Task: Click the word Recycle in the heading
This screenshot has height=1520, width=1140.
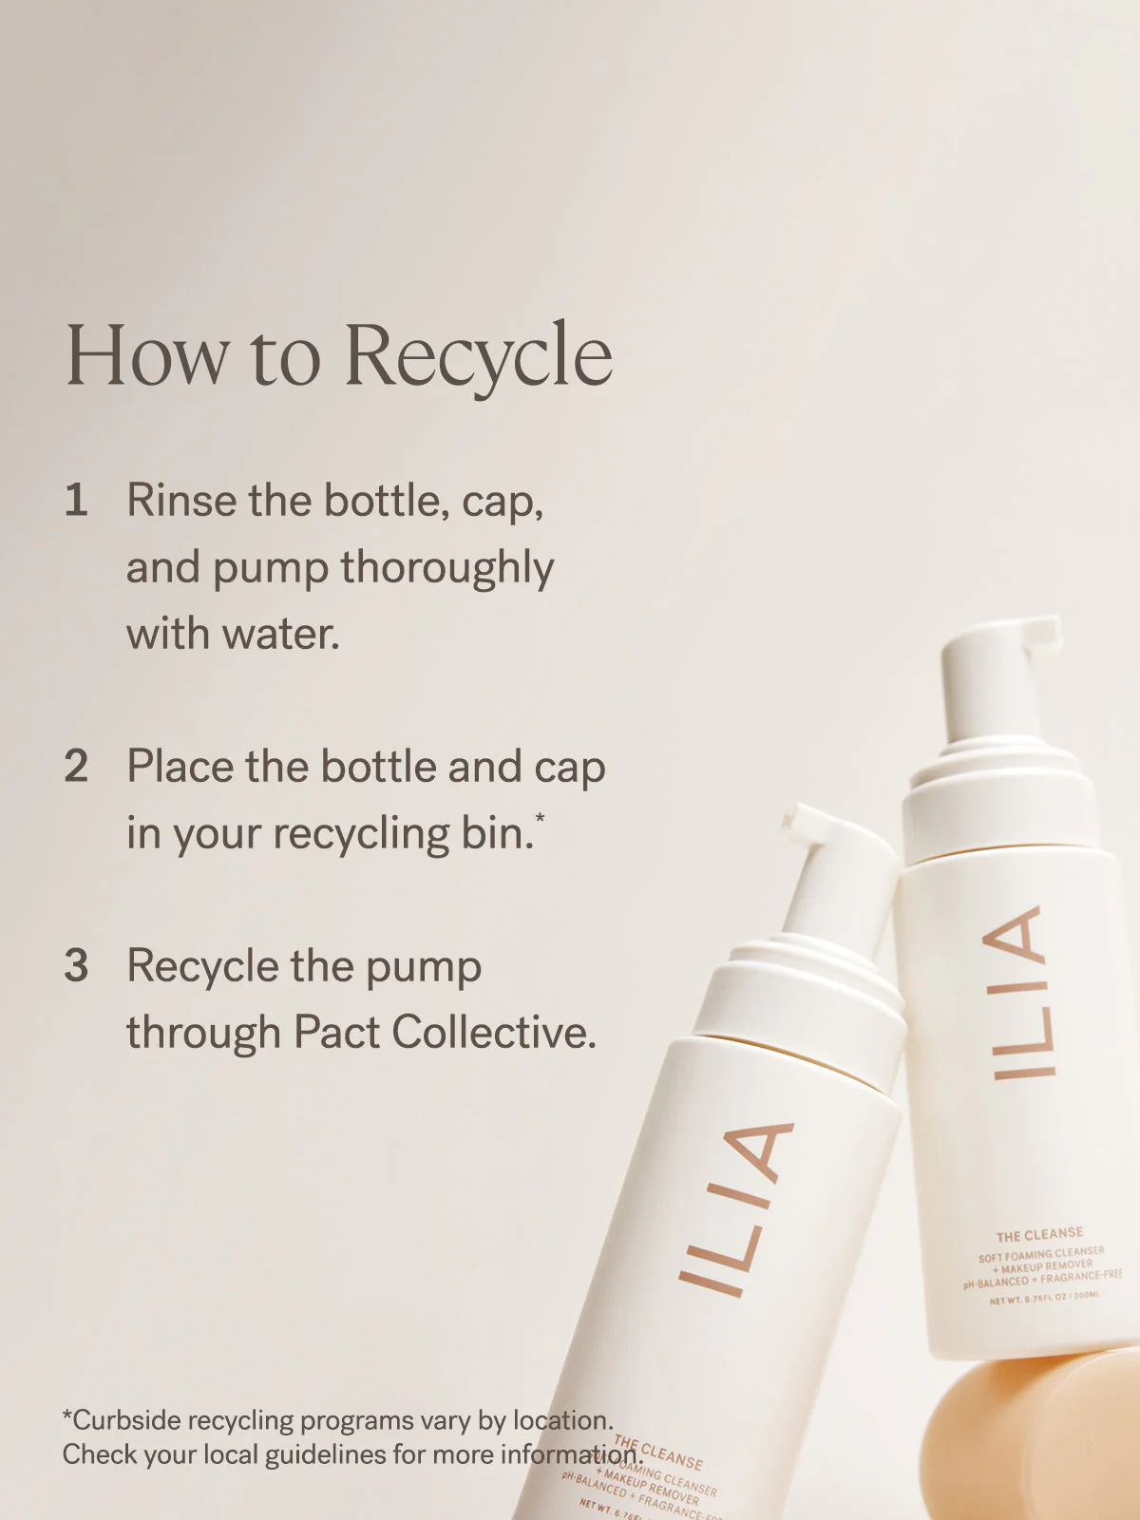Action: coord(478,356)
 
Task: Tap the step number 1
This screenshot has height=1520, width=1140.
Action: coord(76,501)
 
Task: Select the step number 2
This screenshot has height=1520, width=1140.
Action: coord(76,767)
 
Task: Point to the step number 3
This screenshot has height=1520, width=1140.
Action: coord(76,966)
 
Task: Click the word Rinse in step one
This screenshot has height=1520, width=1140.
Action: coord(180,501)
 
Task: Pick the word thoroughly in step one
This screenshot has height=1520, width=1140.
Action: coord(446,569)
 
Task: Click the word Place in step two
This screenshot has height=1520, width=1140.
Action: coord(180,767)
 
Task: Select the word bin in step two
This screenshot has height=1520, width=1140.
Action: coord(497,833)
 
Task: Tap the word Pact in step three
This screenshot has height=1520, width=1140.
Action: coord(335,1033)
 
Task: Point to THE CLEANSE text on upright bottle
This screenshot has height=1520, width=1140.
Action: coord(1039,1235)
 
